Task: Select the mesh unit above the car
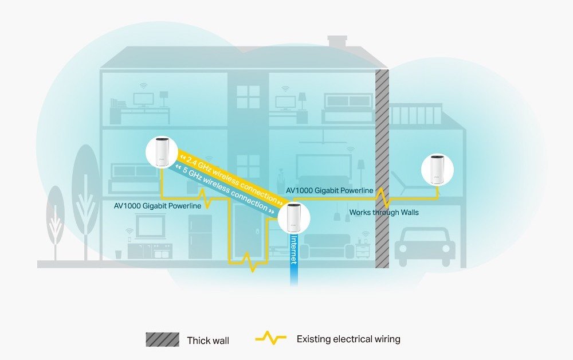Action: click(438, 169)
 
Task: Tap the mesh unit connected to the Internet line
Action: click(293, 218)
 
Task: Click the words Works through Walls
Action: click(384, 213)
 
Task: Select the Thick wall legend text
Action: click(208, 341)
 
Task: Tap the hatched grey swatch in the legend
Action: click(162, 340)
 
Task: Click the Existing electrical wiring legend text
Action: click(348, 339)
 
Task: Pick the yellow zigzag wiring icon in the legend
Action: click(270, 339)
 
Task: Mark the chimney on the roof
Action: click(337, 42)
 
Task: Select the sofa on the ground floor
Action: click(327, 245)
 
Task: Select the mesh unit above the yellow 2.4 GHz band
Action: click(160, 152)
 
